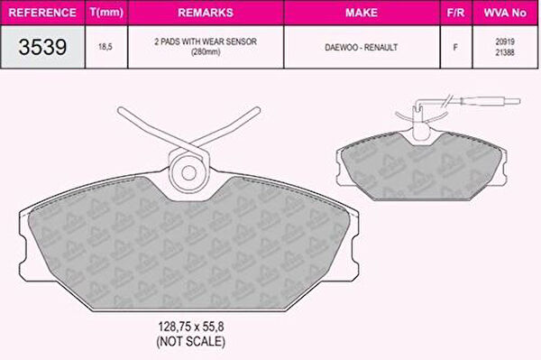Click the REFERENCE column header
point(42,13)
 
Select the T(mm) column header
point(106,13)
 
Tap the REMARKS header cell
point(206,13)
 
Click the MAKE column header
point(362,13)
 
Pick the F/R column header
point(455,13)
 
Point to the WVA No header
point(505,13)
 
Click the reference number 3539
point(42,47)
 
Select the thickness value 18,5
point(105,47)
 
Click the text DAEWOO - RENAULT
point(362,47)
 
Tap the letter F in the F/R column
point(455,47)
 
